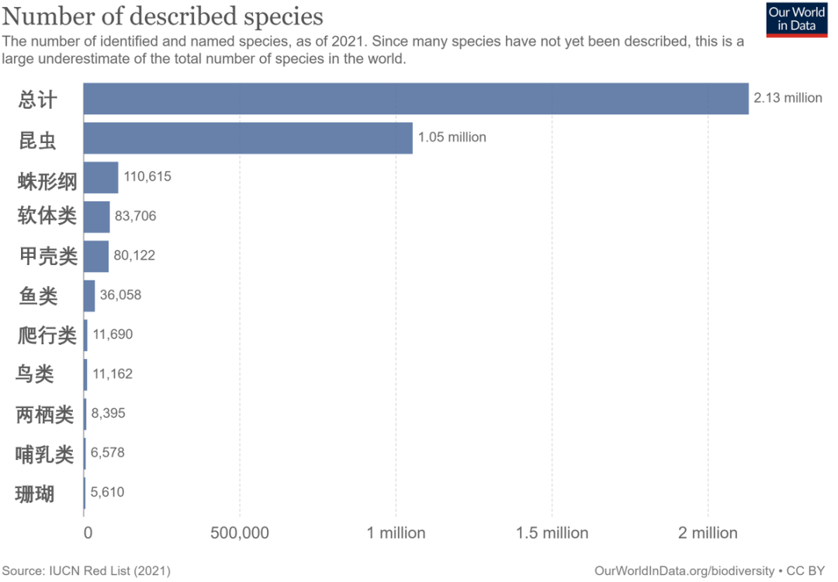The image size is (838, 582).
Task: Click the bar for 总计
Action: [x=416, y=99]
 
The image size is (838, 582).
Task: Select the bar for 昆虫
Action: [x=248, y=138]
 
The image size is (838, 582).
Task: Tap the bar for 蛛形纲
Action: [x=101, y=177]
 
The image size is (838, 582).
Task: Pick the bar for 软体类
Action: [x=97, y=217]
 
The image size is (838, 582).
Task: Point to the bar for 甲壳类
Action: [x=96, y=256]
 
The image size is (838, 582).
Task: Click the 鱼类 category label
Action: [x=38, y=295]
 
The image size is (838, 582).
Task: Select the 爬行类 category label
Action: [x=47, y=335]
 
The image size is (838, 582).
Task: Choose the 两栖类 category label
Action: [x=45, y=413]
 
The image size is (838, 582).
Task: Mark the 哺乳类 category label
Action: [x=45, y=453]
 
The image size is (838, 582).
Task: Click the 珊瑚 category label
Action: [x=35, y=493]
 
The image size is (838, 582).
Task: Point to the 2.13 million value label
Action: [x=788, y=98]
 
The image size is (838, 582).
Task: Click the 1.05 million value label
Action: [x=452, y=138]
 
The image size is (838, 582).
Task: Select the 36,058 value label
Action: [x=120, y=295]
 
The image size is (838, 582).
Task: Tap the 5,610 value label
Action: [x=108, y=492]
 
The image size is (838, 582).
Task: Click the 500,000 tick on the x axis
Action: [x=240, y=533]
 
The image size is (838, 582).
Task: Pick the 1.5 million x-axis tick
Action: [x=552, y=533]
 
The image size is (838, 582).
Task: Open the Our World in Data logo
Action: [x=796, y=19]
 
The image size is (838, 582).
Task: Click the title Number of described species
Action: [x=164, y=16]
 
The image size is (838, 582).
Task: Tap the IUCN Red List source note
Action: [x=86, y=570]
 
